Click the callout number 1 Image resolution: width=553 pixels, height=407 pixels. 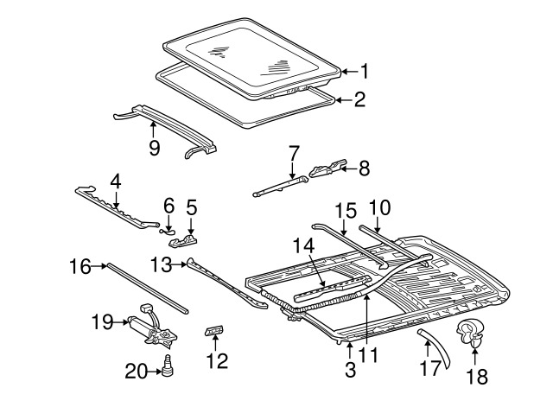tap(365, 72)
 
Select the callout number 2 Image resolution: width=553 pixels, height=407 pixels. tap(359, 100)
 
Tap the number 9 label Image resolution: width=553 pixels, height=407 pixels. tap(155, 148)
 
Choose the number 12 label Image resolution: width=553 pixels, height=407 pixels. tap(218, 360)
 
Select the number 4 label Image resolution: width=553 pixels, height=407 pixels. tap(115, 183)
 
